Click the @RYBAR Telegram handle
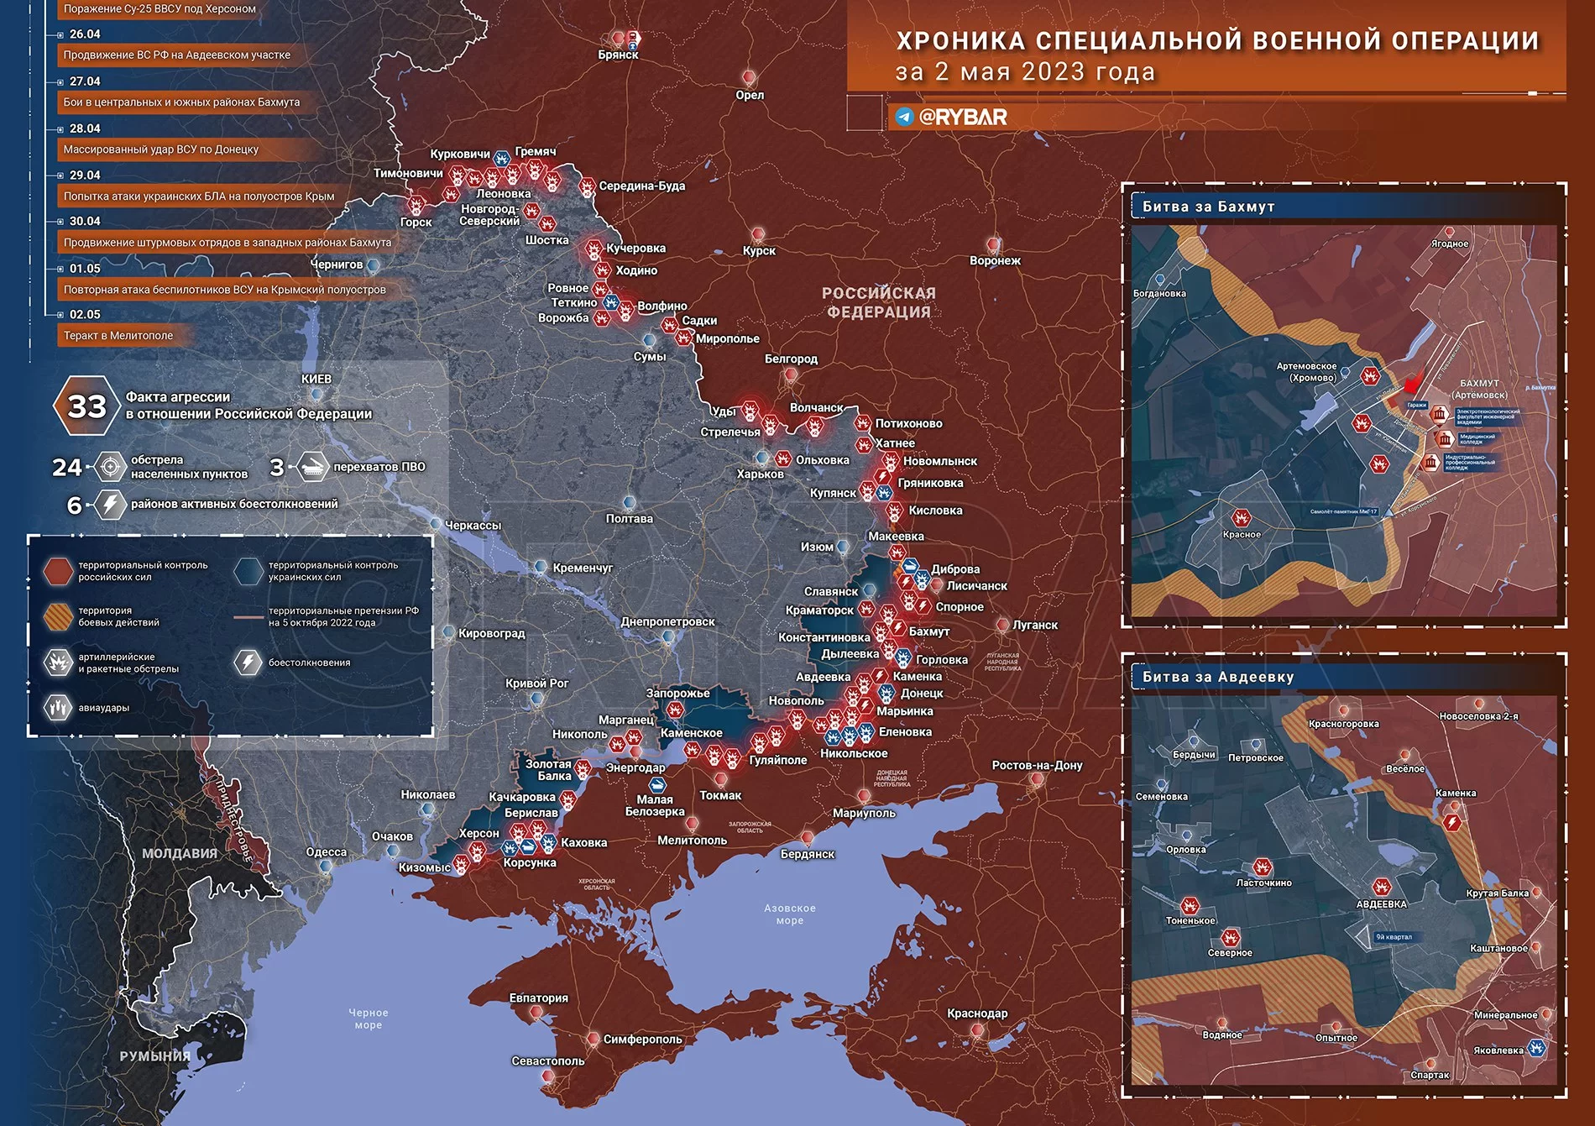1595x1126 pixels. [x=962, y=117]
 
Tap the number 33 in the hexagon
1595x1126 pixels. [x=86, y=406]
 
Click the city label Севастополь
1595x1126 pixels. [x=547, y=1061]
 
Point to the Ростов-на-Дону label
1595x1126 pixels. [x=1037, y=765]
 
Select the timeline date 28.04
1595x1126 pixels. [x=85, y=128]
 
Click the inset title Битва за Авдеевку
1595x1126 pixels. [x=1217, y=677]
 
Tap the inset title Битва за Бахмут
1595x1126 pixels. [x=1208, y=207]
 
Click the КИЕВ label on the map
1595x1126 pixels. [x=316, y=379]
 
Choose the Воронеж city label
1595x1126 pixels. [x=995, y=260]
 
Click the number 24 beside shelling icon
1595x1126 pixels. [x=67, y=467]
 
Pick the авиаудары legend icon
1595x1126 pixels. [x=58, y=707]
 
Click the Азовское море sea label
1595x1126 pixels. [x=789, y=914]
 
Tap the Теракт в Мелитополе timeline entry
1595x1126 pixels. [x=118, y=335]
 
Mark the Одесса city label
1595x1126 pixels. [x=326, y=851]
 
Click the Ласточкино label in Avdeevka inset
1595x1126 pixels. [x=1263, y=882]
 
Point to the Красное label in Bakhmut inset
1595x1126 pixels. [x=1241, y=534]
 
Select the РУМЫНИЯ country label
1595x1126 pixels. [x=154, y=1055]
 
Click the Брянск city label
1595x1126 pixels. [x=618, y=55]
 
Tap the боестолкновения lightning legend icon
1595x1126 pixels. [x=248, y=662]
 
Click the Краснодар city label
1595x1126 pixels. [x=977, y=1013]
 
